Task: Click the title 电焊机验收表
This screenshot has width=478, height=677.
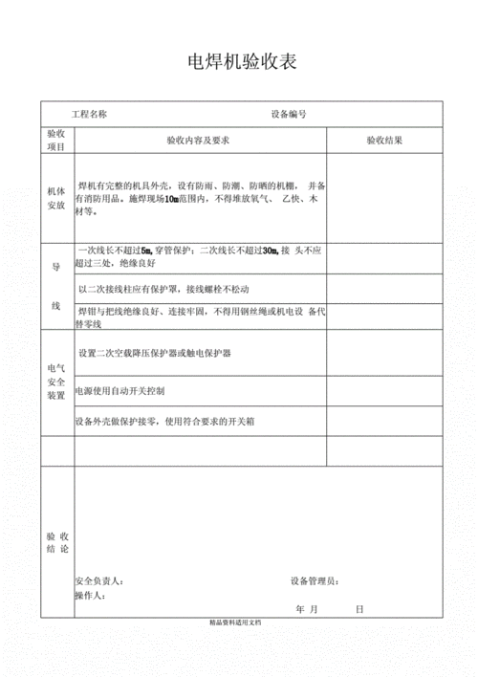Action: pyautogui.click(x=242, y=64)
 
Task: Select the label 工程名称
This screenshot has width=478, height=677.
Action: pyautogui.click(x=89, y=114)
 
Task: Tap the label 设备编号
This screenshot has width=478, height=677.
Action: pyautogui.click(x=288, y=114)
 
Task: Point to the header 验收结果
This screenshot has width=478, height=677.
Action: pyautogui.click(x=383, y=141)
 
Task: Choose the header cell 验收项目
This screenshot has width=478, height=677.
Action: pyautogui.click(x=56, y=140)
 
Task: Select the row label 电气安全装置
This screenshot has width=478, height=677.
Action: pyautogui.click(x=56, y=381)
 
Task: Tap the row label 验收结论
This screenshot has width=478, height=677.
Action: pyautogui.click(x=56, y=541)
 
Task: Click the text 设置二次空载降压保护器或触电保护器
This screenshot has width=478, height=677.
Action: pyautogui.click(x=154, y=354)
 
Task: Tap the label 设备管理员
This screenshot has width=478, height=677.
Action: pyautogui.click(x=314, y=580)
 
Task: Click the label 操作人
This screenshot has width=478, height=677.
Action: pyautogui.click(x=90, y=595)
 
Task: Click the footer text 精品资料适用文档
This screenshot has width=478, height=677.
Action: pyautogui.click(x=235, y=622)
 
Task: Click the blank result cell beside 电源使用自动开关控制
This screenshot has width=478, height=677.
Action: pyautogui.click(x=383, y=391)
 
